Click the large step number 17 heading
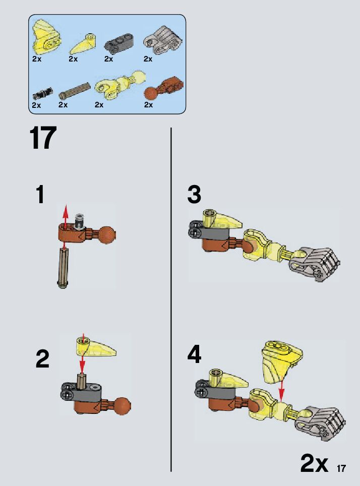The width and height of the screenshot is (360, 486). pyautogui.click(x=43, y=138)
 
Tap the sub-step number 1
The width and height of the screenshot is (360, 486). pyautogui.click(x=40, y=194)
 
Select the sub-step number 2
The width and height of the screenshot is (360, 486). pyautogui.click(x=42, y=358)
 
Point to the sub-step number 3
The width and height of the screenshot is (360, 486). pyautogui.click(x=195, y=194)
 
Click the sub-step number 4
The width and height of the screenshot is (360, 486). pyautogui.click(x=195, y=354)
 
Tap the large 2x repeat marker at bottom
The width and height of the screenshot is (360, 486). pyautogui.click(x=314, y=464)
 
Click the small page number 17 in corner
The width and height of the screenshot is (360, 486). pyautogui.click(x=341, y=468)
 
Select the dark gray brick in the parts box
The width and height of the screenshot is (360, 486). pyautogui.click(x=119, y=44)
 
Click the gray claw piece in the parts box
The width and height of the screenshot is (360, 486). pyautogui.click(x=163, y=40)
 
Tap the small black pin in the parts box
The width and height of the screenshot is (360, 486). pyautogui.click(x=42, y=93)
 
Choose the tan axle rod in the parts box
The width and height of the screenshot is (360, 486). pyautogui.click(x=75, y=91)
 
